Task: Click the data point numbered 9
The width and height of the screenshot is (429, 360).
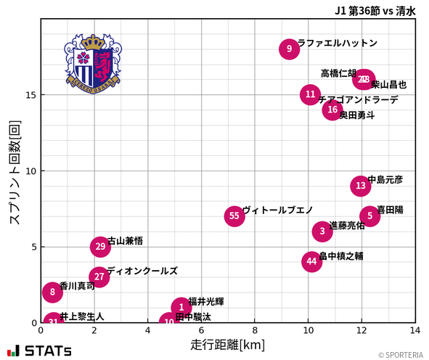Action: tap(289, 49)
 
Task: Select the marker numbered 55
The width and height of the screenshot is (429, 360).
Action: tap(234, 216)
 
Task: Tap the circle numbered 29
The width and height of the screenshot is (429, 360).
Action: tap(101, 247)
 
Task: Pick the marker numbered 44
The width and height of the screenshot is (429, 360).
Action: tap(311, 261)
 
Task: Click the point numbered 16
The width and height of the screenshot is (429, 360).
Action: tap(332, 110)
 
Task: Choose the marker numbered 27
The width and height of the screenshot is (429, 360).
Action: tap(99, 277)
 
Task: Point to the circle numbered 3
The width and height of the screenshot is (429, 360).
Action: tap(322, 231)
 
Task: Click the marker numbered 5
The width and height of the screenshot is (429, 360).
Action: tap(369, 216)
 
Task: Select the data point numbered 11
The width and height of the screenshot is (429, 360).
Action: tap(310, 94)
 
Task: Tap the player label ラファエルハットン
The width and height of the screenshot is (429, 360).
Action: tap(338, 43)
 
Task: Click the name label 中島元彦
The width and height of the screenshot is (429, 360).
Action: tap(385, 179)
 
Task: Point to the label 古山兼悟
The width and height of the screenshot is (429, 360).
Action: tap(125, 240)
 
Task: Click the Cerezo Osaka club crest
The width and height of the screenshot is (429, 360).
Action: tap(92, 64)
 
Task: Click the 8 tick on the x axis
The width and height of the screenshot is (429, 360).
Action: tap(255, 330)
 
